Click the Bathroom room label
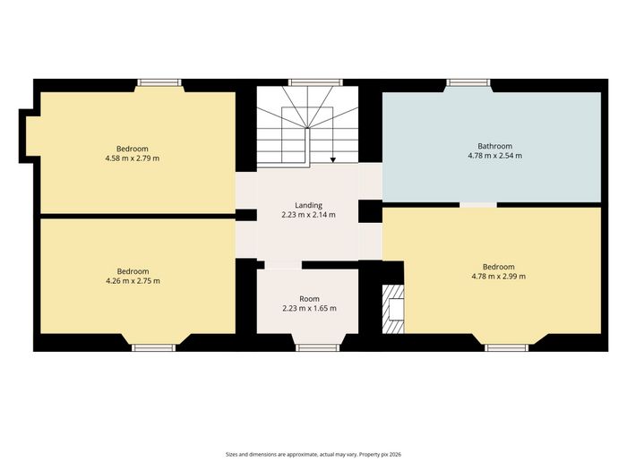[x=494, y=146]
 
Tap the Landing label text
[x=308, y=205]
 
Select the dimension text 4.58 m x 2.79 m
[x=133, y=158]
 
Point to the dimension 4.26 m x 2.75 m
[x=133, y=280]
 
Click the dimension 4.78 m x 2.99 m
[x=499, y=276]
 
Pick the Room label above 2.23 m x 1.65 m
[x=310, y=298]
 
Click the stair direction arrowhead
[x=333, y=160]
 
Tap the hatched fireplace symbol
[x=393, y=309]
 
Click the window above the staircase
[x=315, y=82]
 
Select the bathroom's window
[x=468, y=82]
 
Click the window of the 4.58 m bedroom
[x=159, y=82]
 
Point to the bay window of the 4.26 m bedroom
[x=154, y=347]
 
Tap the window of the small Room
[x=317, y=347]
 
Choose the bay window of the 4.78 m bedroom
[x=506, y=347]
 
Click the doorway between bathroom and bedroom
[x=478, y=205]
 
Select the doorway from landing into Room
[x=283, y=265]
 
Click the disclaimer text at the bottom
[x=313, y=455]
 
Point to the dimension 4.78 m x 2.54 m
[x=494, y=156]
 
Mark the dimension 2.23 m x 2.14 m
[x=308, y=215]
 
